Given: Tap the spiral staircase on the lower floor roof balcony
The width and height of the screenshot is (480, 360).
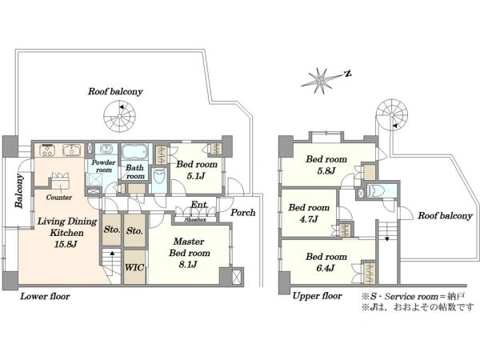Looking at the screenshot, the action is (x=119, y=116).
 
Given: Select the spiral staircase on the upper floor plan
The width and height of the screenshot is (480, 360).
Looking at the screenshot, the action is (x=392, y=115).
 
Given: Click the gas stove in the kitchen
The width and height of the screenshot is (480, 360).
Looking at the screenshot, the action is (x=47, y=150).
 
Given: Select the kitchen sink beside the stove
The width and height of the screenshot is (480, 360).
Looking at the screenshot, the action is (x=72, y=150).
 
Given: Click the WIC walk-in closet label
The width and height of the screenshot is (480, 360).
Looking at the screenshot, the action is (x=134, y=267).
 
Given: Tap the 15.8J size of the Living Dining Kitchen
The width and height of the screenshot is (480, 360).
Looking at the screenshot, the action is (x=66, y=244).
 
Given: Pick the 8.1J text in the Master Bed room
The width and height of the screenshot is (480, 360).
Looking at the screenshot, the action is (x=188, y=265).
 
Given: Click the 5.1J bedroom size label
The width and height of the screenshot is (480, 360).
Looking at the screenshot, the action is (x=196, y=176).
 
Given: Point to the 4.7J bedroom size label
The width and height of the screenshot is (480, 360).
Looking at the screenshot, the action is (x=309, y=219).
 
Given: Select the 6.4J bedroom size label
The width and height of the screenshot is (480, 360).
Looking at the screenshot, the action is (x=326, y=268).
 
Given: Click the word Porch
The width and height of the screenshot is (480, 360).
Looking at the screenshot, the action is (x=242, y=213).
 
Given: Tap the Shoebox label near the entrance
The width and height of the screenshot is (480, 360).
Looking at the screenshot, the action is (x=195, y=219).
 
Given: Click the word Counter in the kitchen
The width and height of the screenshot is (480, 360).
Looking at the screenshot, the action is (x=59, y=198).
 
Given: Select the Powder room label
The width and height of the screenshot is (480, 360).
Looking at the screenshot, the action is (x=103, y=166).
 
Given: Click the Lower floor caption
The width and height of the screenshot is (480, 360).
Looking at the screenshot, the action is (x=45, y=296).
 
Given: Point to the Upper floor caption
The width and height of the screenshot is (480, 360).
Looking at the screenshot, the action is (x=317, y=296).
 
